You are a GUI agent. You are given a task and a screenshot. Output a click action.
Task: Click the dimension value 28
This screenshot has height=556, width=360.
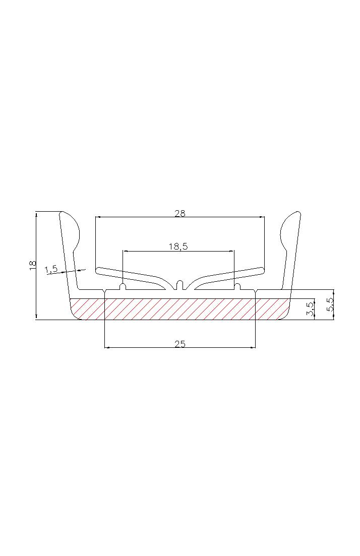tap(180, 213)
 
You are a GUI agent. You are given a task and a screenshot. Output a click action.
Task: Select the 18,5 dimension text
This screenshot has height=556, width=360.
tap(178, 246)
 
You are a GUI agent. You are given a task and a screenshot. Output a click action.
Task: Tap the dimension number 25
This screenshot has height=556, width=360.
tap(180, 344)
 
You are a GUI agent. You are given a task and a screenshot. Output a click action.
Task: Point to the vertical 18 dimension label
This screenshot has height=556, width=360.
tap(33, 266)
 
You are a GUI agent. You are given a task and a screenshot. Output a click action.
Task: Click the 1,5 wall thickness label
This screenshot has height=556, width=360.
tap(51, 270)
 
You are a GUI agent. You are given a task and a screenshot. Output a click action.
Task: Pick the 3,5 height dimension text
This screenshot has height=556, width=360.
tap(310, 309)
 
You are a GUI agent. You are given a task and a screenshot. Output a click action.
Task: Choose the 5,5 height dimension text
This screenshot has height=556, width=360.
tap(330, 304)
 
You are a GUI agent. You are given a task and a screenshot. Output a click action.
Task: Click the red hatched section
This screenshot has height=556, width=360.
tap(180, 309)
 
